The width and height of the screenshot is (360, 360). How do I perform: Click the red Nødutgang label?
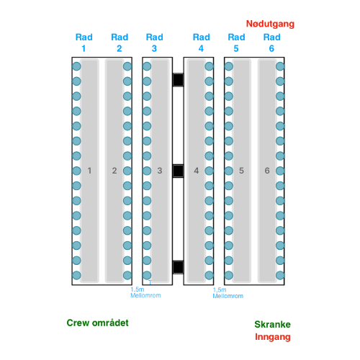point(270,24)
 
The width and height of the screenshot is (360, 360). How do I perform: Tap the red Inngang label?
point(273,337)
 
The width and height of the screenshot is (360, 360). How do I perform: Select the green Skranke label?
point(272,324)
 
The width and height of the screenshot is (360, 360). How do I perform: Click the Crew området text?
point(97,323)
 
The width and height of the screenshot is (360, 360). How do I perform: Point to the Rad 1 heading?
point(84,42)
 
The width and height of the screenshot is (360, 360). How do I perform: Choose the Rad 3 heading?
point(154,42)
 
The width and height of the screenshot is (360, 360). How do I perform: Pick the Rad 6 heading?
point(271,42)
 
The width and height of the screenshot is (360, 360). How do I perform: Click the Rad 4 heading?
point(201,42)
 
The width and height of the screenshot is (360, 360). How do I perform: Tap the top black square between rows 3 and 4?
point(178,80)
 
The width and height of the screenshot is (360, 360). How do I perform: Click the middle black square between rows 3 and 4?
point(178,171)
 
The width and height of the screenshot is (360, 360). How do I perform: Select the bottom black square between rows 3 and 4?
point(178,267)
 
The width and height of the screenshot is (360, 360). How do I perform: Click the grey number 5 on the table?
point(241,171)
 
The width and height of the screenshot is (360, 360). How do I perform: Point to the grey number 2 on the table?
point(114,171)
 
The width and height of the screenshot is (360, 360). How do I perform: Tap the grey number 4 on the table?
point(197,171)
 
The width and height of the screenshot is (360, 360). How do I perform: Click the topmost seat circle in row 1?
point(76,66)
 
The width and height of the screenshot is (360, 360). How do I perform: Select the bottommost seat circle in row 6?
point(280,275)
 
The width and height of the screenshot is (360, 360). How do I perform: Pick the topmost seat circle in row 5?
point(229,66)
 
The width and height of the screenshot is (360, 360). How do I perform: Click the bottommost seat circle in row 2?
point(127,275)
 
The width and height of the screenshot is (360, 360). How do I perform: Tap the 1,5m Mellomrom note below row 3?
point(145,292)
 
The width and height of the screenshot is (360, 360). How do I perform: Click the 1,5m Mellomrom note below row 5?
point(228,293)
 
